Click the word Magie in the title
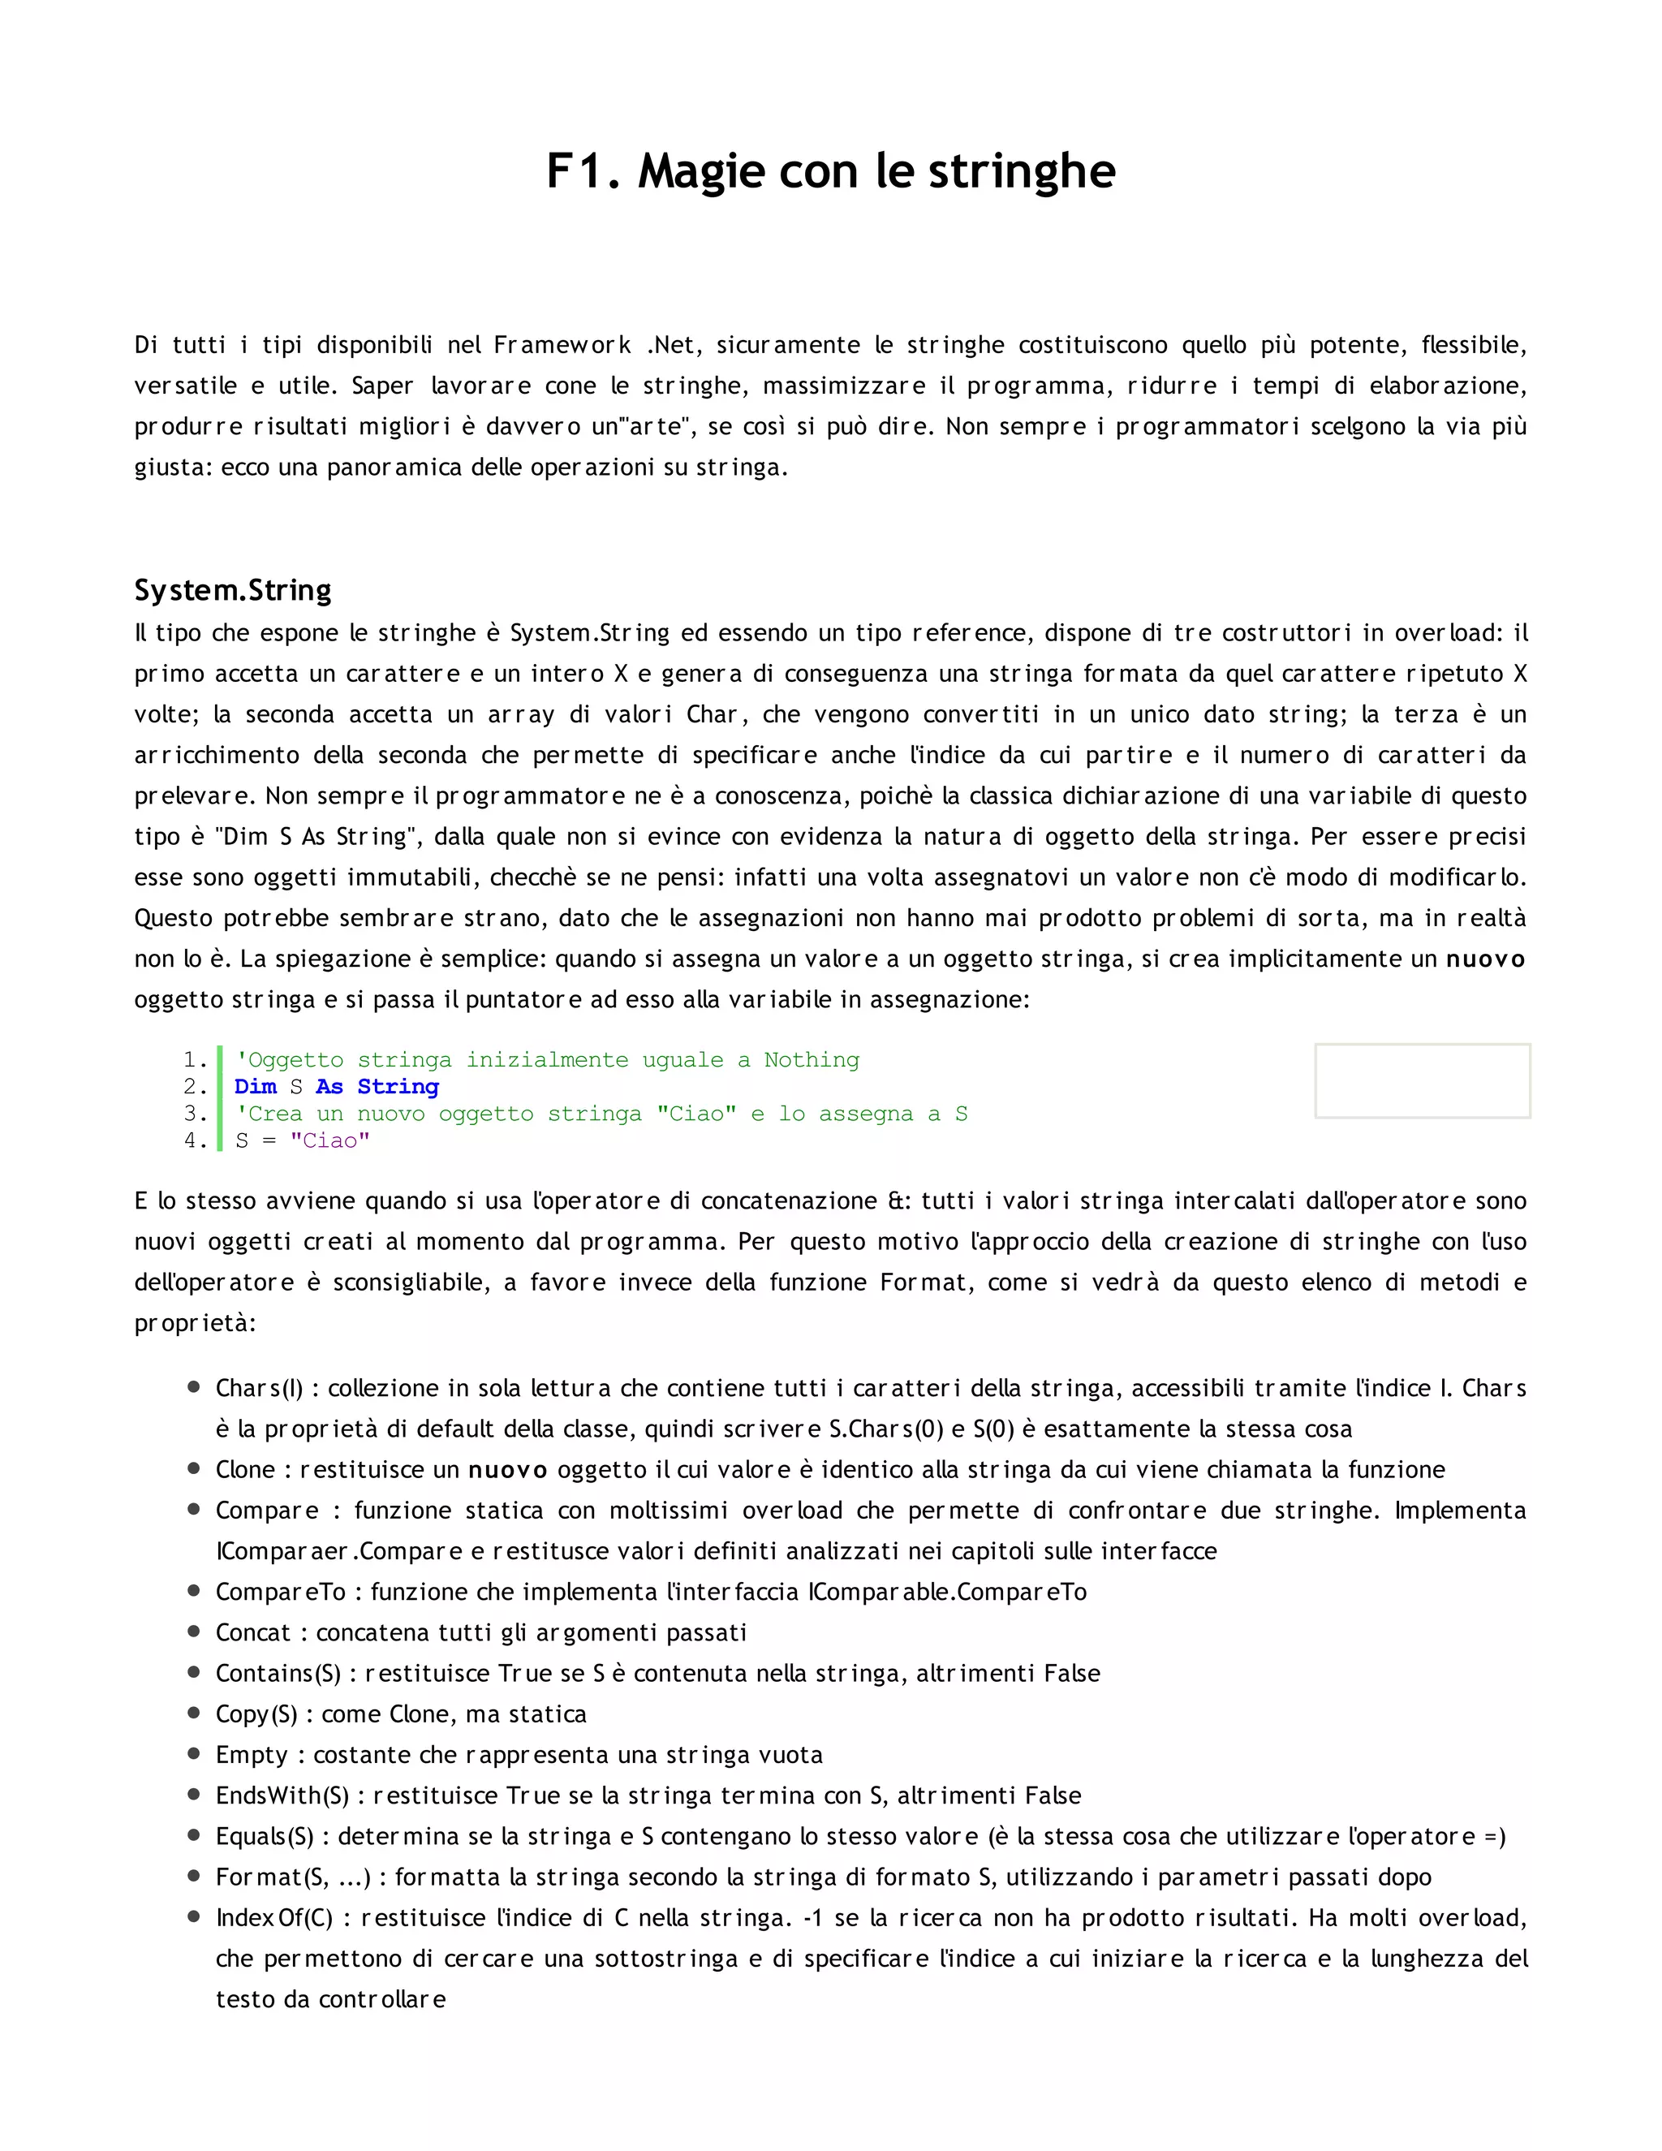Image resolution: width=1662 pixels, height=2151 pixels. (x=701, y=171)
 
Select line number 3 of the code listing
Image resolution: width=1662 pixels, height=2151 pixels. (x=194, y=1114)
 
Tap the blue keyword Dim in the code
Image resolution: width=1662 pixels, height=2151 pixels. (x=255, y=1086)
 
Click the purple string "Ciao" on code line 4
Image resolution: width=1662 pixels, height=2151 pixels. (x=329, y=1140)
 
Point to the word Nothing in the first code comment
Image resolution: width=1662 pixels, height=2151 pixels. (x=812, y=1060)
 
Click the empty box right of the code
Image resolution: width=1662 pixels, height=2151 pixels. (x=1422, y=1080)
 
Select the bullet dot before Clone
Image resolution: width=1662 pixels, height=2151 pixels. (x=194, y=1468)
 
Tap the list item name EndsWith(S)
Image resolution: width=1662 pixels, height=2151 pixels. (x=282, y=1795)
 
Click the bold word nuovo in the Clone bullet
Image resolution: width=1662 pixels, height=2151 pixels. (x=507, y=1471)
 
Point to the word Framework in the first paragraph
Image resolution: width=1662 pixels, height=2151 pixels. (x=562, y=346)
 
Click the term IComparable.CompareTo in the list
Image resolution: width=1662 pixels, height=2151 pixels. (x=947, y=1592)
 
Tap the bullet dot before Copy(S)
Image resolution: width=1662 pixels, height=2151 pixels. (x=194, y=1713)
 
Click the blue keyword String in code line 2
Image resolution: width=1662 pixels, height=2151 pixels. (x=398, y=1086)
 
